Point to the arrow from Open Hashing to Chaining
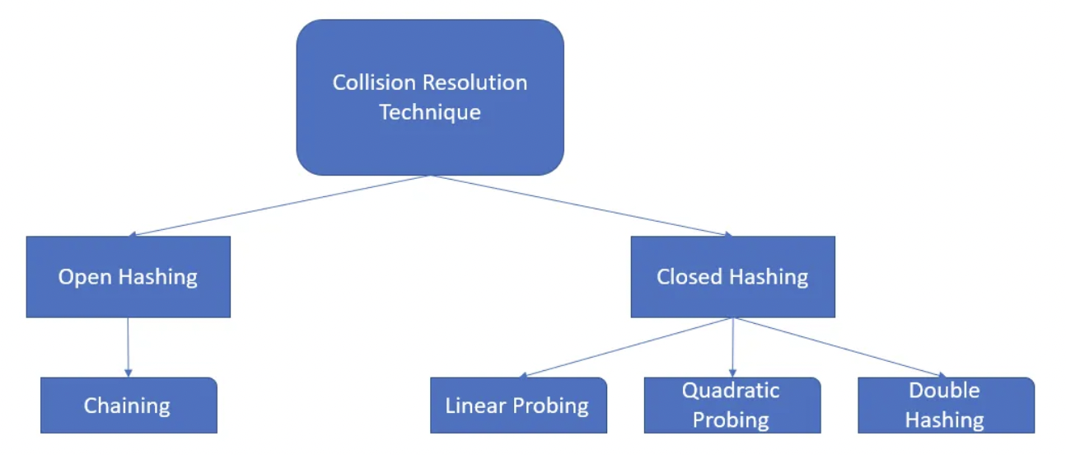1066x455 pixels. click(x=128, y=347)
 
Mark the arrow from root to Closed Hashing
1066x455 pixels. click(x=581, y=206)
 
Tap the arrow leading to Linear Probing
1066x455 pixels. click(x=626, y=348)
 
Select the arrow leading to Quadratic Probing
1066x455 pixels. click(x=732, y=347)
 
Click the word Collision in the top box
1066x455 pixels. click(x=365, y=83)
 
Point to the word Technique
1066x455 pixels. click(x=430, y=112)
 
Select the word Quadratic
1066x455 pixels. click(x=731, y=391)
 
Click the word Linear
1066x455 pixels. click(x=471, y=406)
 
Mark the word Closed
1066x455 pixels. click(x=685, y=277)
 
